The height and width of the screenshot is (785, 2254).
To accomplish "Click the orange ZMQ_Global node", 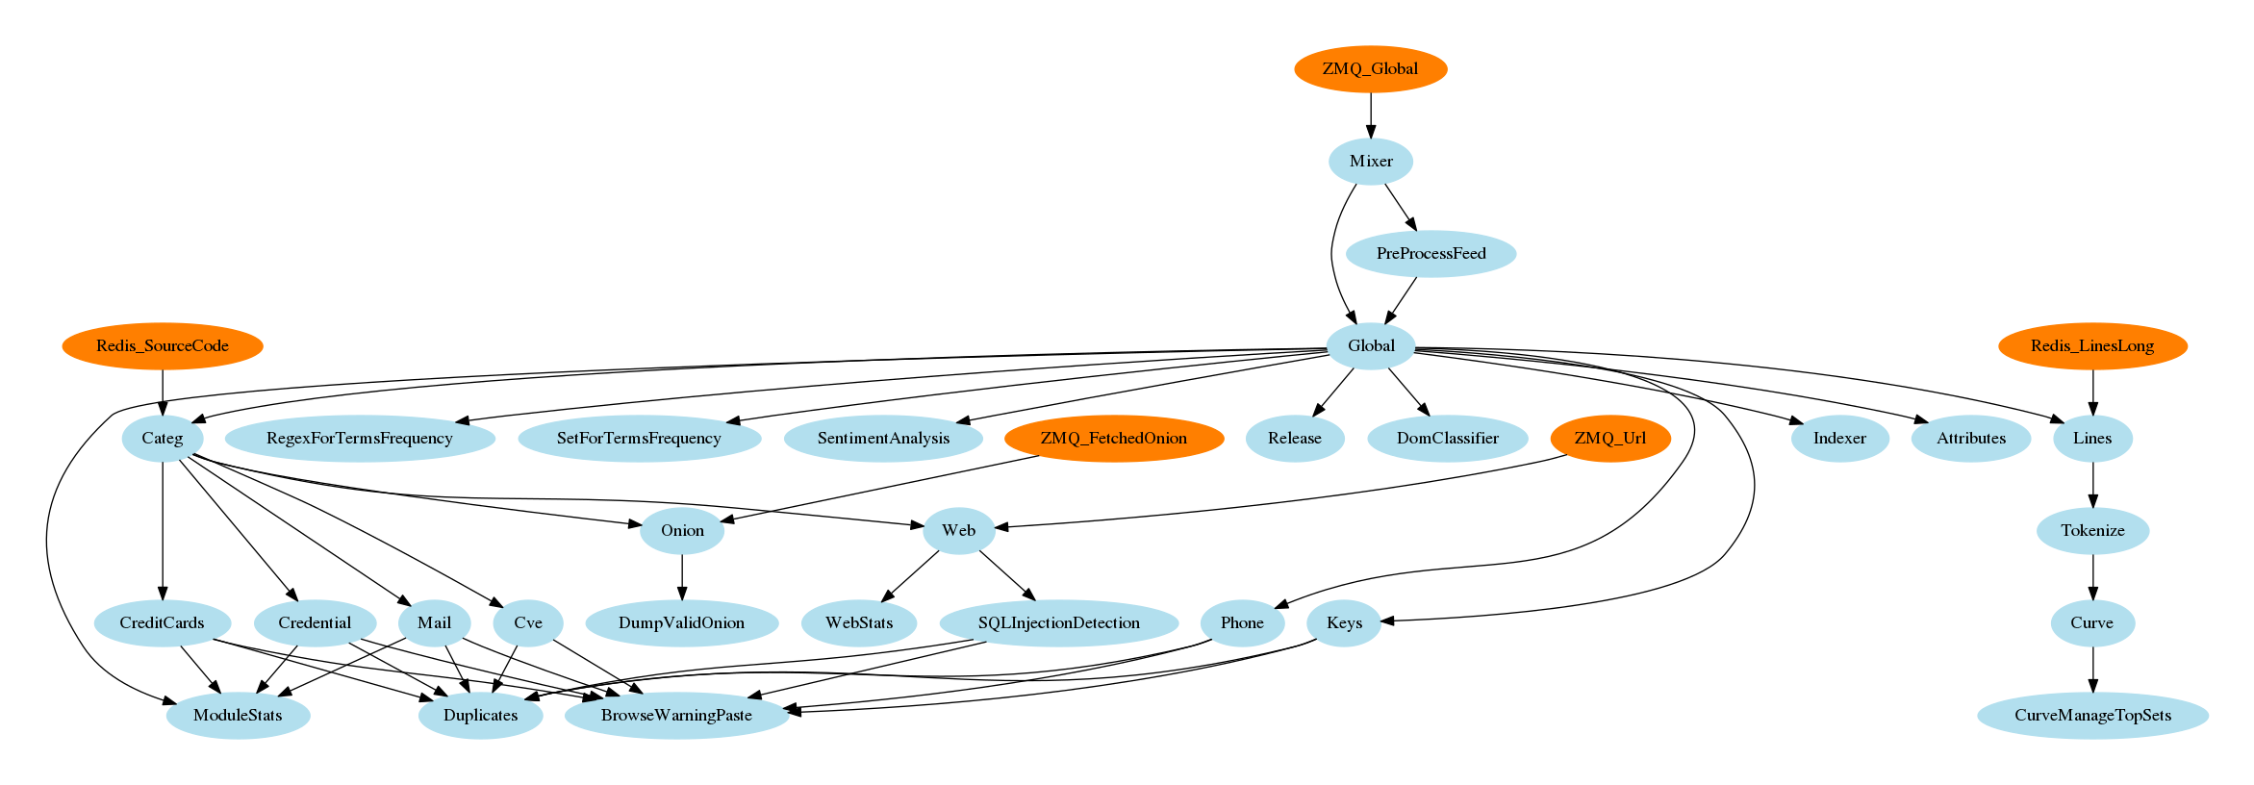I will pos(1370,69).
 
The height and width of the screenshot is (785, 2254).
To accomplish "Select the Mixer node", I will pos(1370,162).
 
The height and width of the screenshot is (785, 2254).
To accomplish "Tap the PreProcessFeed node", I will pos(1431,254).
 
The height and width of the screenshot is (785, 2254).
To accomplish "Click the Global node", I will pos(1370,346).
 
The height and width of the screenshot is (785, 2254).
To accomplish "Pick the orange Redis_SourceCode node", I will pos(162,346).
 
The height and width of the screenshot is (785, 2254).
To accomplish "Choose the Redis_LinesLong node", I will pos(2091,346).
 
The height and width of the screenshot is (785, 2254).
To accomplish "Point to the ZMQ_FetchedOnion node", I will pos(1113,439).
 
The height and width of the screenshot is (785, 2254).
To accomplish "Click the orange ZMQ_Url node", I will pos(1609,439).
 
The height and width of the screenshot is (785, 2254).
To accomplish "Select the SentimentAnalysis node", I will pos(883,439).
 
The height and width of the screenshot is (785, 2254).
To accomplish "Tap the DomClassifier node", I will pos(1447,439).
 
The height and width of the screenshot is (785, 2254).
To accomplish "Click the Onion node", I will pos(682,531).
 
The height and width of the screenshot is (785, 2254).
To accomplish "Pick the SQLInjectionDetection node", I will pos(1058,623).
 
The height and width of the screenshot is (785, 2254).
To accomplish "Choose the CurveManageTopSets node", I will pos(2092,716).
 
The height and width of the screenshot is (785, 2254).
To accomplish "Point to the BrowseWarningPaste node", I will pos(676,716).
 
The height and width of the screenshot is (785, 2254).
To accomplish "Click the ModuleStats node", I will pos(238,716).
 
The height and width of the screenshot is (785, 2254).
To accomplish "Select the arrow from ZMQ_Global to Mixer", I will pos(1371,115).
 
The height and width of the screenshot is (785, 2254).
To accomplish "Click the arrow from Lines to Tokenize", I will pos(2092,485).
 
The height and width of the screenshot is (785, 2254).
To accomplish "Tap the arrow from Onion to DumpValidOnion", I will pos(682,577).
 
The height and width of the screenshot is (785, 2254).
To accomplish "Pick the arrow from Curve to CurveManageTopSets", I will pos(2092,670).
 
